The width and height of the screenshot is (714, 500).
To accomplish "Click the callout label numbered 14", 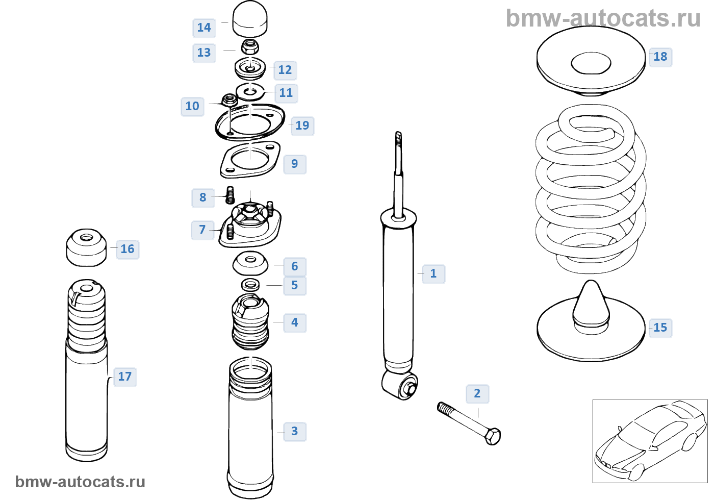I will click(204, 28).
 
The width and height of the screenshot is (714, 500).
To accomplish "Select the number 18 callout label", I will click(660, 57).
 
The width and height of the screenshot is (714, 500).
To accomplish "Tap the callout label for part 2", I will click(477, 393).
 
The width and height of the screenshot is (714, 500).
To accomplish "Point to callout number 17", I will click(125, 377).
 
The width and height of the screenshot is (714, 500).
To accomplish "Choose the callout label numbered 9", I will click(294, 164).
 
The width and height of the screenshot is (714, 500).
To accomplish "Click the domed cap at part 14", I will click(250, 19).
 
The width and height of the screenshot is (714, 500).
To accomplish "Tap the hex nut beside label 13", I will click(250, 47).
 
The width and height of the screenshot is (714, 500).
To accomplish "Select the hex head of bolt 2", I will click(493, 437).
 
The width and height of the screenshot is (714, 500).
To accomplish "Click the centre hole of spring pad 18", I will click(591, 63).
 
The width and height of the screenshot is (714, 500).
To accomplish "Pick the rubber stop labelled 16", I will click(87, 247).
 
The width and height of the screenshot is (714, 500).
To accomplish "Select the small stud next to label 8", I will click(231, 195).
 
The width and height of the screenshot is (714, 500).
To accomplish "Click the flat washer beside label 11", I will click(250, 92).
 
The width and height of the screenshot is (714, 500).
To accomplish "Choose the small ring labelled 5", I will click(250, 284).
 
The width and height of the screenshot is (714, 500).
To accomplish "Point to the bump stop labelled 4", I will click(250, 321).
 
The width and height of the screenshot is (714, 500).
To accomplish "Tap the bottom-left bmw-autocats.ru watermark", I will click(80, 482).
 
